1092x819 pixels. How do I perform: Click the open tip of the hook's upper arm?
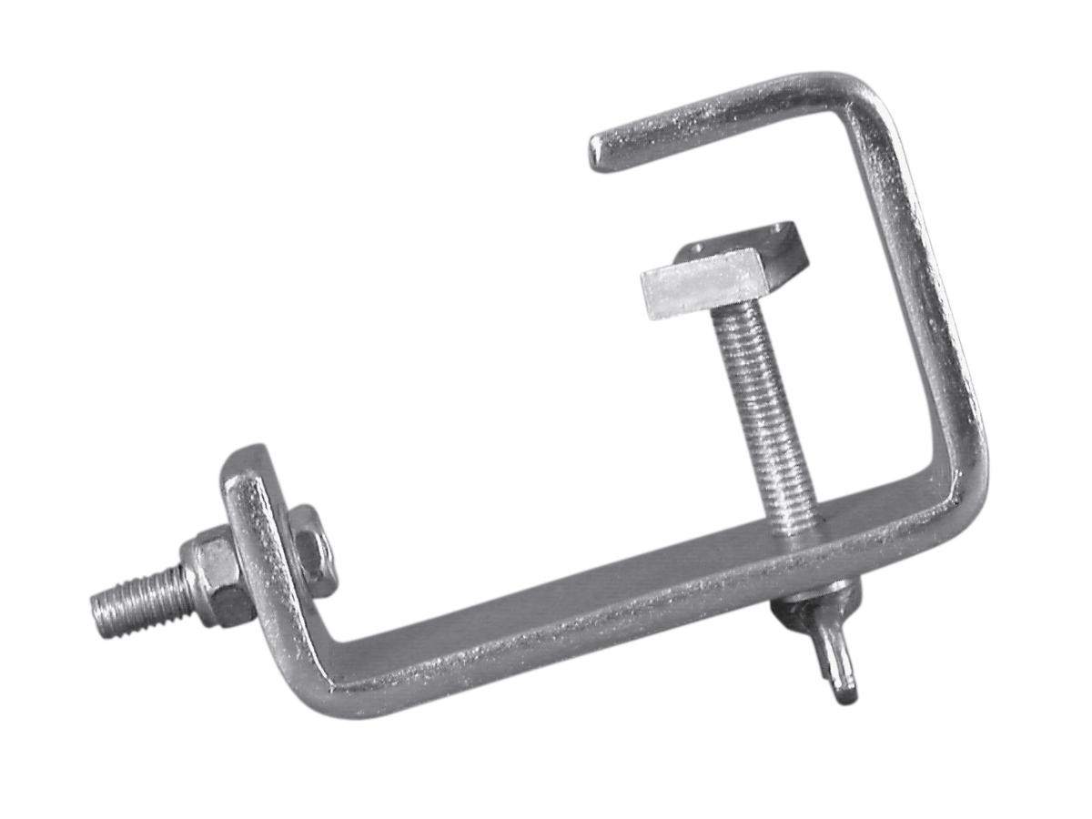tap(599, 152)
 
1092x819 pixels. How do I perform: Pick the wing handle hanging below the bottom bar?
tap(833, 651)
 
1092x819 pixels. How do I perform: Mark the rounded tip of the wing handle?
tap(846, 693)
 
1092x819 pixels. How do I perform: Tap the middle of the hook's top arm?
tap(728, 114)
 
